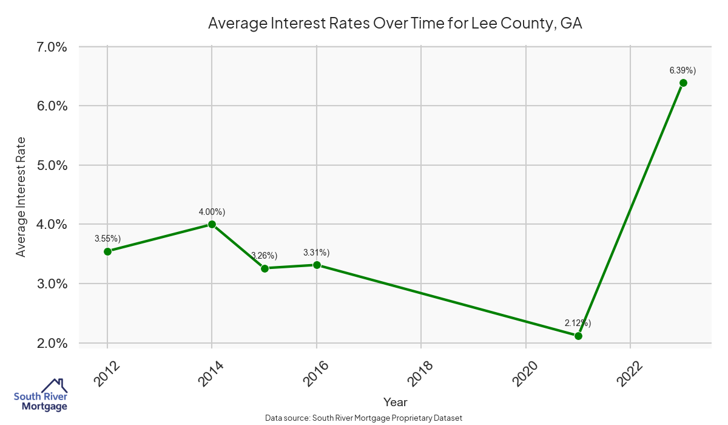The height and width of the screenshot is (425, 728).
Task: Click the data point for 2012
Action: pyautogui.click(x=107, y=251)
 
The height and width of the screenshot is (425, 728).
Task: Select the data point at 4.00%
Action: pyautogui.click(x=212, y=224)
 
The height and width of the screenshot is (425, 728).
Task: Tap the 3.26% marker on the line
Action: pyautogui.click(x=265, y=268)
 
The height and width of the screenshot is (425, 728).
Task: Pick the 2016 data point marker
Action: pyautogui.click(x=317, y=265)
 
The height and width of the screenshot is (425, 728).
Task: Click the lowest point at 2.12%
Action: pyautogui.click(x=578, y=336)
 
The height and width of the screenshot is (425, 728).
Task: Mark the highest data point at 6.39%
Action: pyautogui.click(x=683, y=83)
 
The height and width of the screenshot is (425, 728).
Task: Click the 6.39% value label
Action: pyautogui.click(x=682, y=70)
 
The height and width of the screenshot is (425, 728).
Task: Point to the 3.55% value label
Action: pyautogui.click(x=107, y=239)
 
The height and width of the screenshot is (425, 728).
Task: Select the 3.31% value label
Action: pyautogui.click(x=317, y=253)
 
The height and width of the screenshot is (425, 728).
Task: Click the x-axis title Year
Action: pyautogui.click(x=396, y=402)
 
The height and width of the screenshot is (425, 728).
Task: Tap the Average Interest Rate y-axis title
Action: pyautogui.click(x=21, y=195)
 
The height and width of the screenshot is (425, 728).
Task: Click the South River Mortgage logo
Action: pyautogui.click(x=41, y=395)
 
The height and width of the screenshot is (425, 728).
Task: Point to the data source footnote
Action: pyautogui.click(x=364, y=418)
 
